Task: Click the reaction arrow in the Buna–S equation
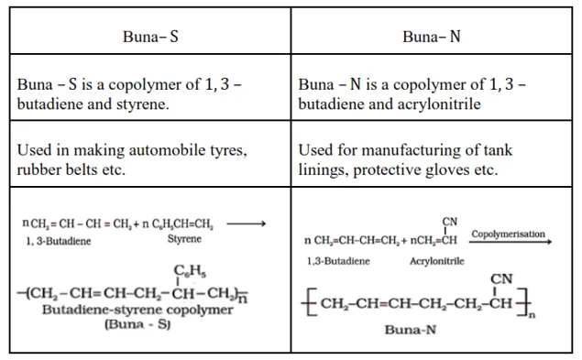point(247,223)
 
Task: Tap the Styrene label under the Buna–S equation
point(184,239)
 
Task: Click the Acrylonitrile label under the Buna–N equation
point(436,261)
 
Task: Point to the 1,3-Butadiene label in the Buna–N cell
point(338,261)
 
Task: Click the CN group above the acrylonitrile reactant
point(449,223)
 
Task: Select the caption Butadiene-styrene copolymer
point(137,310)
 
